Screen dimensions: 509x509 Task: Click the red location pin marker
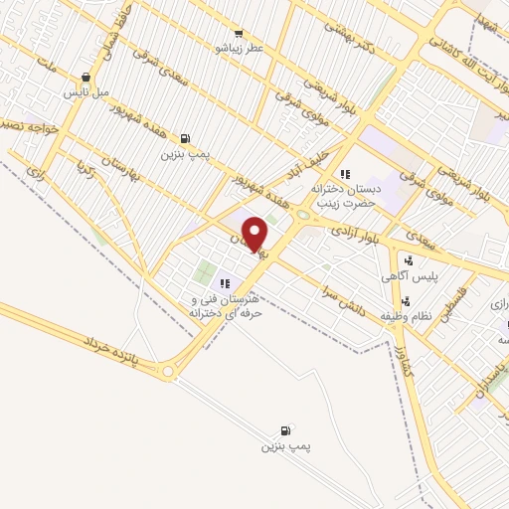tap(255, 234)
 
